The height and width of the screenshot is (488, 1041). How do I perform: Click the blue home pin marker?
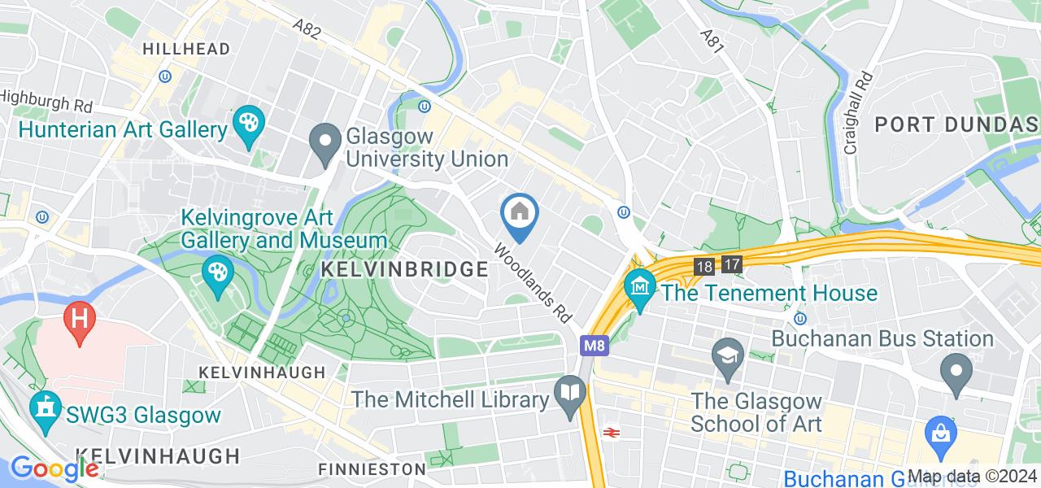point(518,215)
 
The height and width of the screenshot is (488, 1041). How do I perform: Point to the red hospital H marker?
point(80,316)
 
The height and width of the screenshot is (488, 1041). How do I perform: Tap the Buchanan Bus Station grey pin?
point(956,371)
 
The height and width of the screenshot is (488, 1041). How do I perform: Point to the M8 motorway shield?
point(593,346)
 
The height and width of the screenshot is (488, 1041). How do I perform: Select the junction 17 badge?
point(732,264)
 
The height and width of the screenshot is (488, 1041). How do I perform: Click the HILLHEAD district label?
point(186,49)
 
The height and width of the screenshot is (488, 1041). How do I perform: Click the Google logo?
point(54,468)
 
